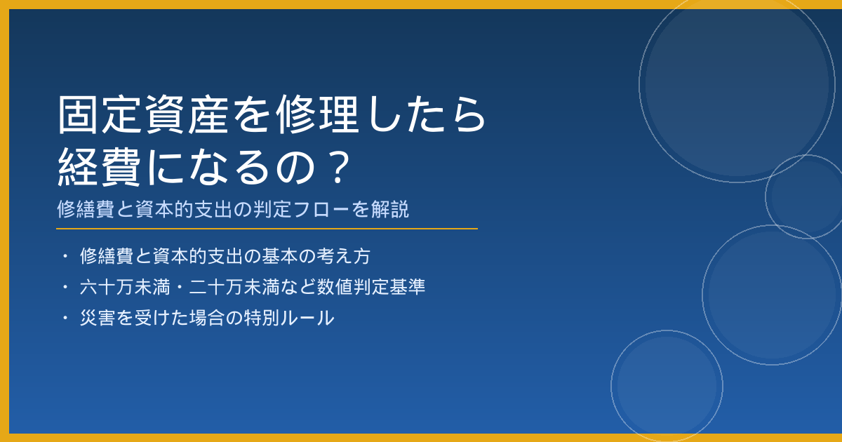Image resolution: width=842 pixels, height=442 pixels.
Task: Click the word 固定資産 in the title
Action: coord(143,114)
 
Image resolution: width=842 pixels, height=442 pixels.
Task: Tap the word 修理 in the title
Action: coord(317,114)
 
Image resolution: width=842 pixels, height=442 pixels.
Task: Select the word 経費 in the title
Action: coord(99,167)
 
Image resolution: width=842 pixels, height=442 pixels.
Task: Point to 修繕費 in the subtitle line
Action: coord(86,209)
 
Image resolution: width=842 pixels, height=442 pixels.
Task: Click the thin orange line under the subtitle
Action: coord(267,229)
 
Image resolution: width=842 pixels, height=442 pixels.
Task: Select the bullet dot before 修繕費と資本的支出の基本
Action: coord(65,256)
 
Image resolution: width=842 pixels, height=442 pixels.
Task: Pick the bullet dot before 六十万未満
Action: coord(65,287)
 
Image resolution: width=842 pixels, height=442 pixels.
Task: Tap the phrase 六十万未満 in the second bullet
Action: coord(125,287)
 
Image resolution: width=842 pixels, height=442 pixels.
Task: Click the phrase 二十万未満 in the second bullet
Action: coord(234,287)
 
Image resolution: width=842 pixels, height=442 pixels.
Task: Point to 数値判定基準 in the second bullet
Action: coord(371,287)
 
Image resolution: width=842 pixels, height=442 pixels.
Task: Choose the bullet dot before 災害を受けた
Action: coord(65,318)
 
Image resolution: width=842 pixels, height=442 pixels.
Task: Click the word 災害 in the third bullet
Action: coord(98,318)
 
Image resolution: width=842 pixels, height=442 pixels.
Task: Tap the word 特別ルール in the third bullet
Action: coord(289,318)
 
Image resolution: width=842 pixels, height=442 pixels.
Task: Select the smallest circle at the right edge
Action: coord(766,196)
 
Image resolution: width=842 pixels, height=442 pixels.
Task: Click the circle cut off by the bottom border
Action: coord(611,386)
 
